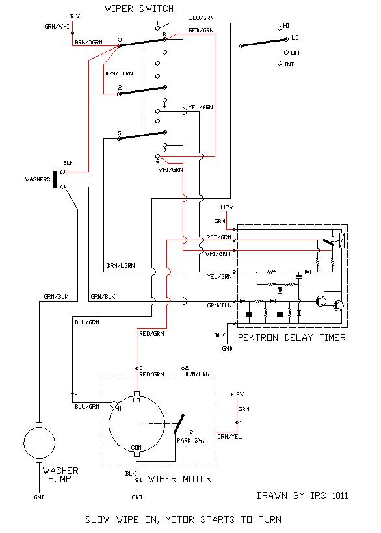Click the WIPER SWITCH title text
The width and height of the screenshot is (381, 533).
click(x=139, y=8)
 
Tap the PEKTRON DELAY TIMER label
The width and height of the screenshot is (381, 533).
click(x=292, y=337)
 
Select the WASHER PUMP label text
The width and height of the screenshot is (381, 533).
click(x=60, y=475)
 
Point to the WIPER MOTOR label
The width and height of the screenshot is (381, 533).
click(x=180, y=479)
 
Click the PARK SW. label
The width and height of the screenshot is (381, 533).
click(x=190, y=441)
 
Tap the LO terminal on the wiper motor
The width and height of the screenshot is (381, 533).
click(x=137, y=395)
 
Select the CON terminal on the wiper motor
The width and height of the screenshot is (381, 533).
click(x=137, y=454)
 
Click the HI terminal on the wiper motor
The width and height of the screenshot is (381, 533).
click(x=114, y=404)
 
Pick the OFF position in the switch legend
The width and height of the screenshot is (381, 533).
click(x=293, y=53)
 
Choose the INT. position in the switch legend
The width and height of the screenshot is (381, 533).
click(x=287, y=64)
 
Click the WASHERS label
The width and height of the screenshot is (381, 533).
click(x=38, y=179)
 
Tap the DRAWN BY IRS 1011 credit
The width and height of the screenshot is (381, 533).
click(x=302, y=495)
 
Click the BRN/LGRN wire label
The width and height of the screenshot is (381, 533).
click(x=121, y=265)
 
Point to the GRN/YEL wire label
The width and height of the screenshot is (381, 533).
click(x=230, y=436)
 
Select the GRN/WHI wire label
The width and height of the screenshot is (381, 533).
click(x=57, y=26)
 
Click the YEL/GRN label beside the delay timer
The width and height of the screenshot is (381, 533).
click(x=220, y=277)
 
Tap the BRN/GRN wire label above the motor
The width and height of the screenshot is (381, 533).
click(x=197, y=374)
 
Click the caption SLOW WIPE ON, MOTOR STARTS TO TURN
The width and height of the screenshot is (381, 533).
click(x=183, y=520)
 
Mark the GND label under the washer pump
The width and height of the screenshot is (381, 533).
click(x=39, y=497)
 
